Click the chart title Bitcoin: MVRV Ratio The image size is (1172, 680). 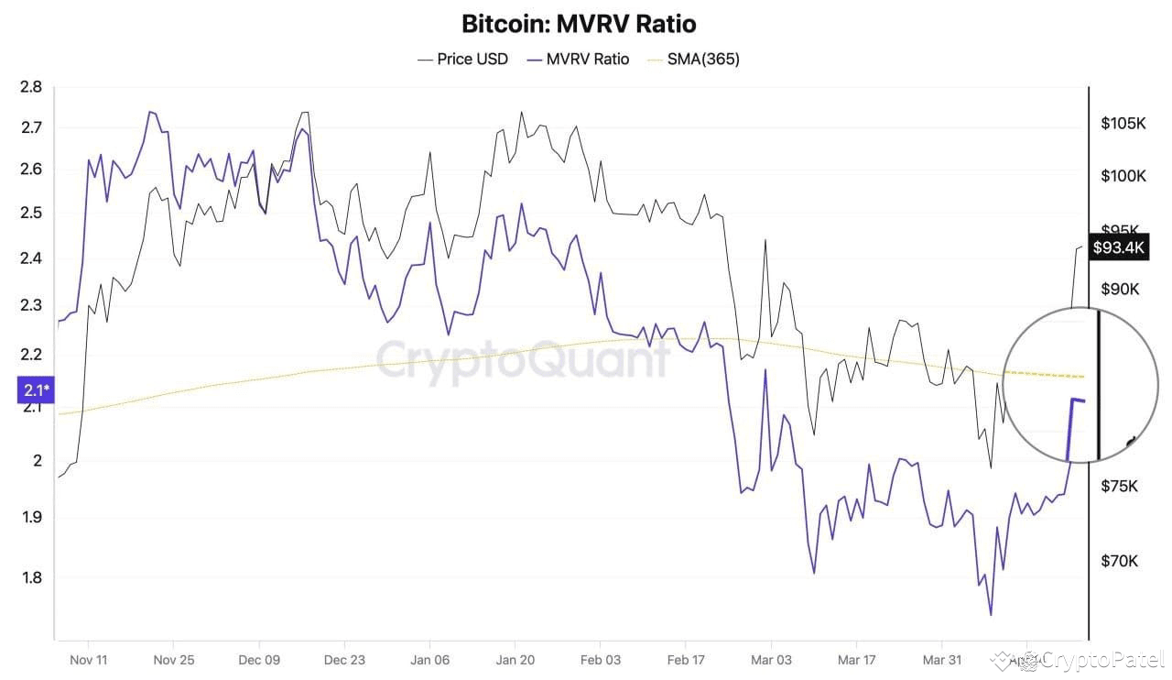click(579, 23)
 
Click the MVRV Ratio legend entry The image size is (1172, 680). click(580, 59)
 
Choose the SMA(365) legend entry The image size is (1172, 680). click(694, 59)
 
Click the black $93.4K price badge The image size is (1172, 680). click(1119, 247)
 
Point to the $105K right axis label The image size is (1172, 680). click(1123, 124)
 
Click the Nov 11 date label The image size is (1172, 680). click(88, 660)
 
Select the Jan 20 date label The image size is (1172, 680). click(515, 660)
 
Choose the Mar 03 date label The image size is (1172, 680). click(771, 660)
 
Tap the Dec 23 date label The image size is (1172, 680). click(344, 660)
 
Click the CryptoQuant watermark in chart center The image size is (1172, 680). click(523, 358)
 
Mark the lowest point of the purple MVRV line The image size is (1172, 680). click(991, 615)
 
